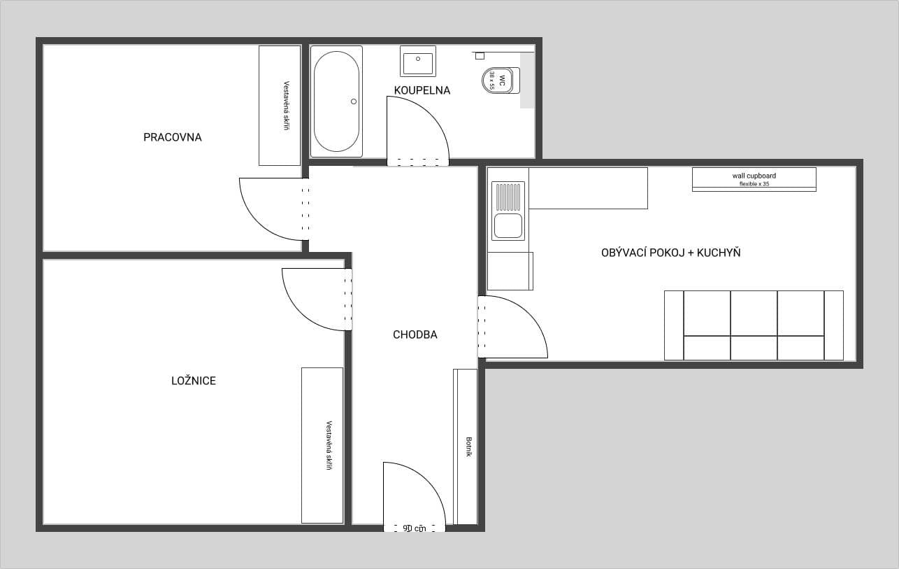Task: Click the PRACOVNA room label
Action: pos(172,137)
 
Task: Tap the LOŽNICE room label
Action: pos(194,381)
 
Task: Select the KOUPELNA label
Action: pos(422,90)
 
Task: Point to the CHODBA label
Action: pos(415,335)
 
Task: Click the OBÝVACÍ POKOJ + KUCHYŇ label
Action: pos(670,253)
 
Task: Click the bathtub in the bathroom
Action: pos(336,101)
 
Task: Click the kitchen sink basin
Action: pos(508,226)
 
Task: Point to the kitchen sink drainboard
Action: pos(508,196)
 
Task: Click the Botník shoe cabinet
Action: pos(468,447)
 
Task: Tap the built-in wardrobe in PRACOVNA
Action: pos(280,106)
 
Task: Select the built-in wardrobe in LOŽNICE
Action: pos(322,445)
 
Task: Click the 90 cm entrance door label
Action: pos(414,528)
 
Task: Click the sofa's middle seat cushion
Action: pos(754,314)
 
